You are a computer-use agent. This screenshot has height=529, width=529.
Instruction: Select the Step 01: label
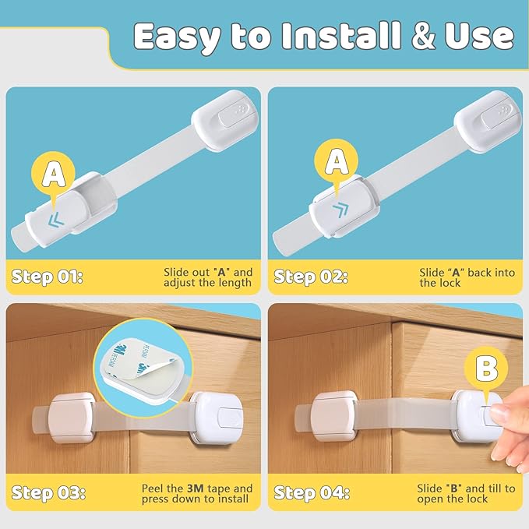coord(48,276)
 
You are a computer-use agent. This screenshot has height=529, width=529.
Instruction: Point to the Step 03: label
coord(48,492)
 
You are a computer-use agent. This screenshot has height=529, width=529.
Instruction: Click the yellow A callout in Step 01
coord(53,173)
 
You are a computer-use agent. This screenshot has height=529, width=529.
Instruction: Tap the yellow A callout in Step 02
coord(337,161)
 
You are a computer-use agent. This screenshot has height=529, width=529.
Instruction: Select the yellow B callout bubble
coord(487,368)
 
